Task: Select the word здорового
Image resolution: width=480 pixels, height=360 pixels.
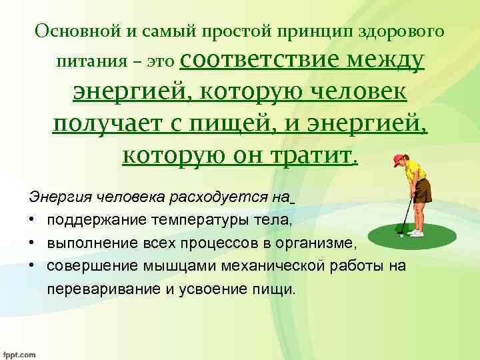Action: (403, 32)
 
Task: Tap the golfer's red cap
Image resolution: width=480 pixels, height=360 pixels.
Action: (399, 160)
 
